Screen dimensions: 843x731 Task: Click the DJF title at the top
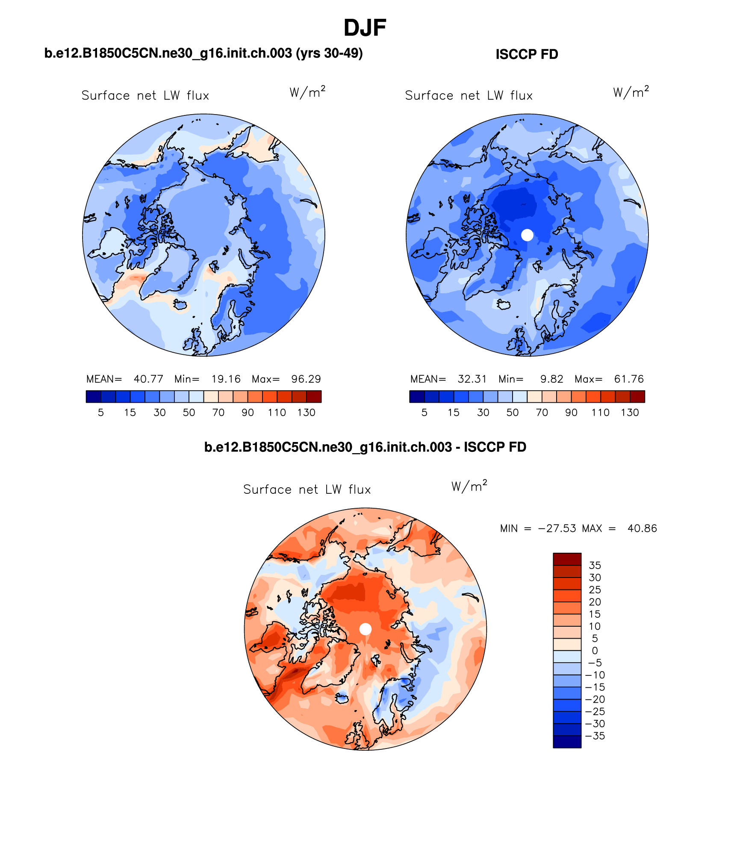[365, 28]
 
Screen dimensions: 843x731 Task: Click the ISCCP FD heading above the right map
[527, 54]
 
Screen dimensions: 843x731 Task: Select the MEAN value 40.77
[148, 379]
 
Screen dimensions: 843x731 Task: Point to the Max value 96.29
[306, 379]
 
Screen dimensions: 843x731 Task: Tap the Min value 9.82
[551, 379]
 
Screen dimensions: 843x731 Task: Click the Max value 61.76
[629, 379]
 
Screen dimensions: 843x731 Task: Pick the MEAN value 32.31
[472, 379]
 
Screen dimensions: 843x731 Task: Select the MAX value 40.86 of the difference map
[642, 528]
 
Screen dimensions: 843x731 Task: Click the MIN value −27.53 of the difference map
[557, 528]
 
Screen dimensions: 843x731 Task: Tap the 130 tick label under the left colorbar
[306, 413]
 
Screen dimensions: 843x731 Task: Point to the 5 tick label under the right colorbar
[424, 413]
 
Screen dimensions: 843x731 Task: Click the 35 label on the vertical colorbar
[595, 565]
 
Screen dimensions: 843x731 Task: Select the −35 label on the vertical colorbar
[595, 736]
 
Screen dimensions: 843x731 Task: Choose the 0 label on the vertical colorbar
[595, 651]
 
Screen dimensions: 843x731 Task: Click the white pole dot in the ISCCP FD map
[528, 235]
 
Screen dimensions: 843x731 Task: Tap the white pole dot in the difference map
[365, 629]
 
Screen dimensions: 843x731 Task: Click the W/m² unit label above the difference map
[469, 486]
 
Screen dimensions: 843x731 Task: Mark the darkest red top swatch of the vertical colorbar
[567, 559]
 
